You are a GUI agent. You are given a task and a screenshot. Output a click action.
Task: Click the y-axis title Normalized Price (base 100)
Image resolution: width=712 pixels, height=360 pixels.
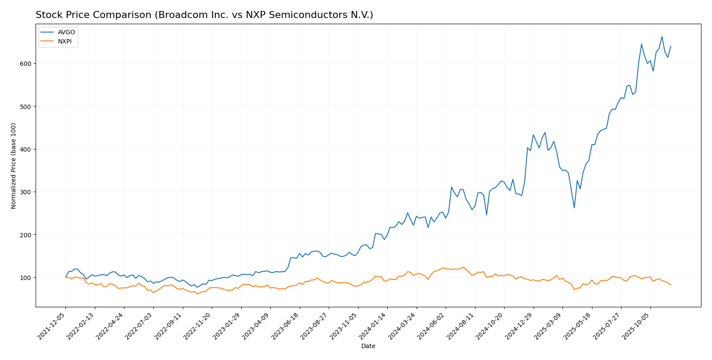pyautogui.click(x=14, y=166)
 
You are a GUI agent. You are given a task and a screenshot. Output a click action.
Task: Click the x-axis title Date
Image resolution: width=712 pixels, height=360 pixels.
pyautogui.click(x=368, y=346)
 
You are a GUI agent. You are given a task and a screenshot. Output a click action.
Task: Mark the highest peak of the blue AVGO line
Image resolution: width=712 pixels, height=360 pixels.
pyautogui.click(x=662, y=36)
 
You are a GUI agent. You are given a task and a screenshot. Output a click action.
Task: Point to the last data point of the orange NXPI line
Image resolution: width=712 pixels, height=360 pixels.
pyautogui.click(x=671, y=285)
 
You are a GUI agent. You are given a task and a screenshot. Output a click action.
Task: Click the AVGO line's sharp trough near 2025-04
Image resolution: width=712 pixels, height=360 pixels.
pyautogui.click(x=574, y=208)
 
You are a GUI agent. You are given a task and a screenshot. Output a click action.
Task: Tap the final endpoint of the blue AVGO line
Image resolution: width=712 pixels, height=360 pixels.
pyautogui.click(x=671, y=46)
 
